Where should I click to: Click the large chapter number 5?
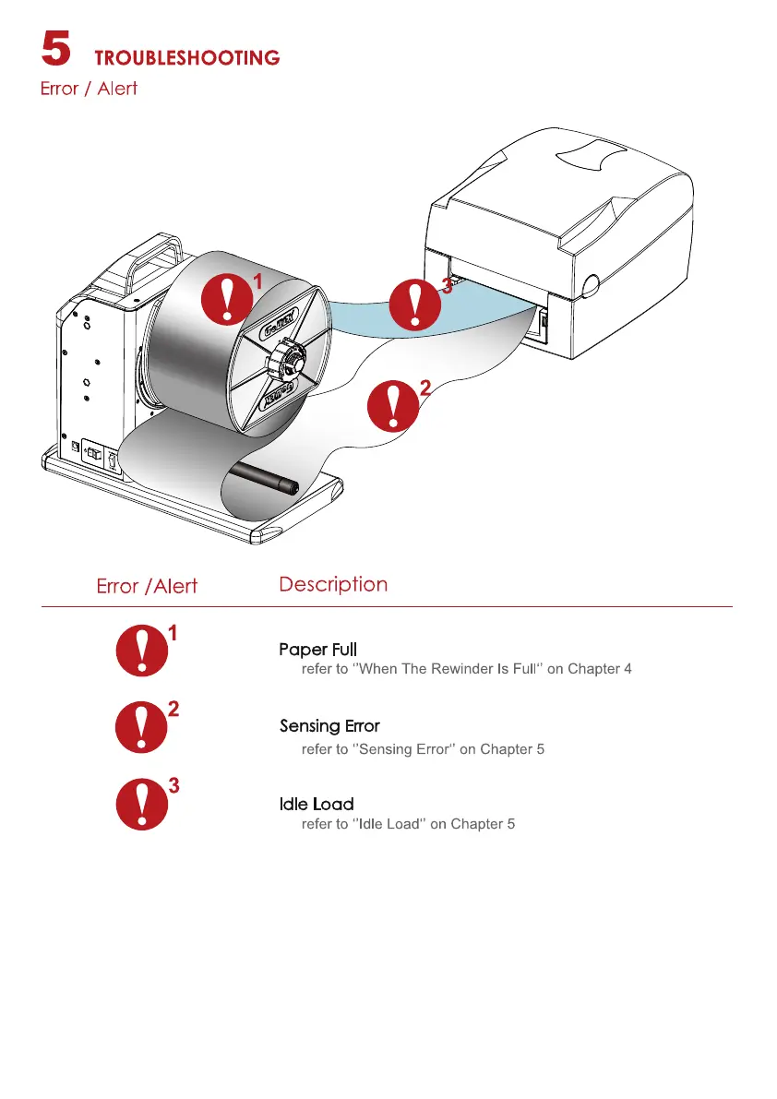[56, 48]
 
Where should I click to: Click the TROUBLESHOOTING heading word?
[187, 57]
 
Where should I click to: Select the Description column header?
[333, 584]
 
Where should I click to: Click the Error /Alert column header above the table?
[147, 587]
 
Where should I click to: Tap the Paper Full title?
[318, 650]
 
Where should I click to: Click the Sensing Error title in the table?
[329, 726]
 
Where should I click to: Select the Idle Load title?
[317, 805]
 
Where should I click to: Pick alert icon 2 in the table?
[141, 728]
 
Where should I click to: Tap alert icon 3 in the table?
[141, 805]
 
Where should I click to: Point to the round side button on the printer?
[590, 282]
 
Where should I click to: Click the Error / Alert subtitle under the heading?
[89, 90]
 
